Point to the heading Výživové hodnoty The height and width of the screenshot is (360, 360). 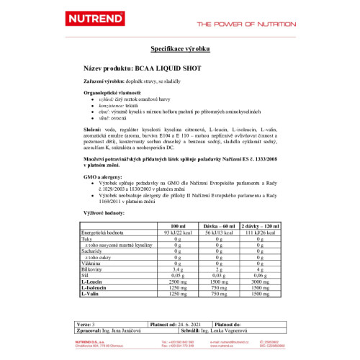[105, 214]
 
